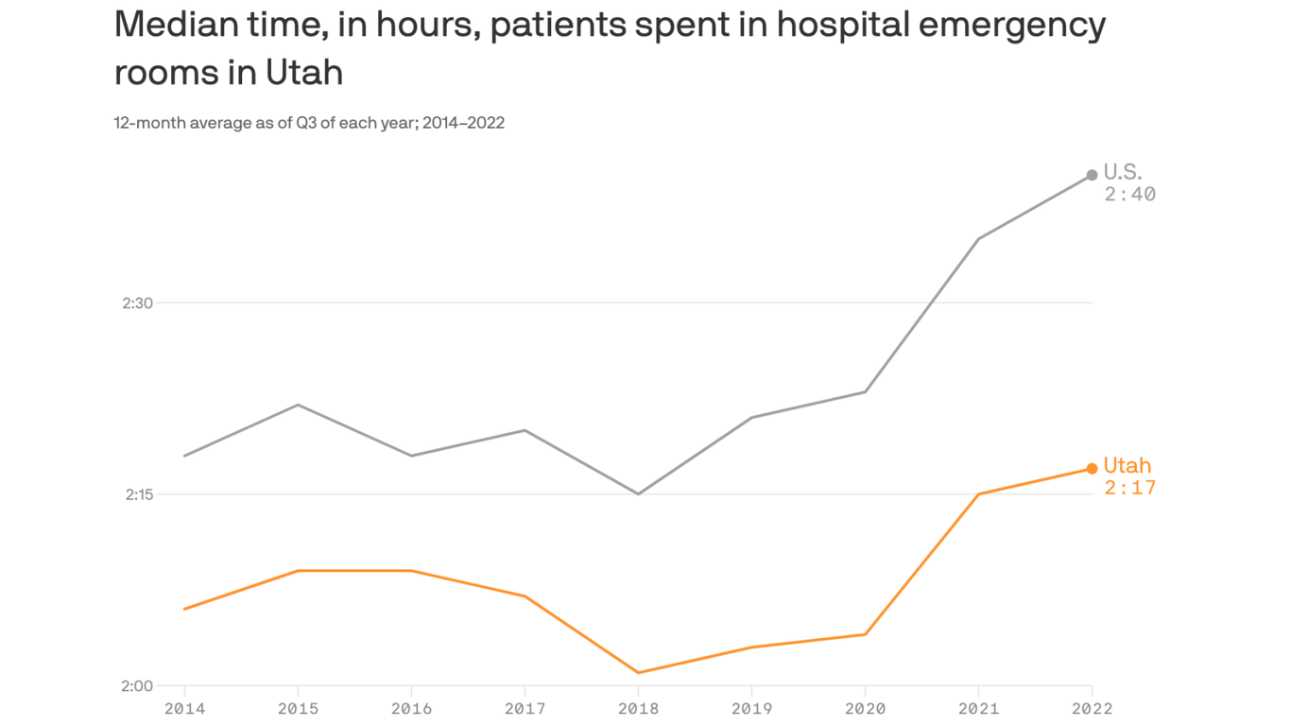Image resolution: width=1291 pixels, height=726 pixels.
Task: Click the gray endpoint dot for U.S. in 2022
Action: click(x=1092, y=175)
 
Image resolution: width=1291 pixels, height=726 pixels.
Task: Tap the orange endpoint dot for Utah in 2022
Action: click(x=1092, y=469)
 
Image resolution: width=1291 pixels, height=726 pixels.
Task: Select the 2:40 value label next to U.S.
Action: click(x=1129, y=195)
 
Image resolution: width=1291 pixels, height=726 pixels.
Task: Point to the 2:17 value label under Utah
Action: click(x=1129, y=489)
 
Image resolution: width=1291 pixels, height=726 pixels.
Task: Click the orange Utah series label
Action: click(x=1127, y=465)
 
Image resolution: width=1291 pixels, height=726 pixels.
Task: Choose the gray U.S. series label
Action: click(x=1123, y=172)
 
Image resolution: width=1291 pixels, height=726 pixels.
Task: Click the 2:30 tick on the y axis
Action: click(x=137, y=303)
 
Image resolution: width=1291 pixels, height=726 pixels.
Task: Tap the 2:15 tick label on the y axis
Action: click(x=137, y=494)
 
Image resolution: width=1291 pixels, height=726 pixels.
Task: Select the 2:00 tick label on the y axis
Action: click(x=137, y=686)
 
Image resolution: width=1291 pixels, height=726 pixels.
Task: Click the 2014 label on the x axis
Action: click(x=183, y=708)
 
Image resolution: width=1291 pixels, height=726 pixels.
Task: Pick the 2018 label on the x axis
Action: click(x=638, y=708)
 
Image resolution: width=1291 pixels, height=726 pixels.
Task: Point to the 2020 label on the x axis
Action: click(x=865, y=708)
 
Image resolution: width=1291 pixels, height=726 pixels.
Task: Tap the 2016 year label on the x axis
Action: click(x=411, y=708)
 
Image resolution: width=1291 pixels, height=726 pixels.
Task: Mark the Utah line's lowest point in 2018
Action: click(x=638, y=673)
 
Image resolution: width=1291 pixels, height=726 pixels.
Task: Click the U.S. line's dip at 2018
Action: click(x=638, y=493)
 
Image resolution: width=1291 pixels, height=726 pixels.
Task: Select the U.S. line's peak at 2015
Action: click(x=298, y=405)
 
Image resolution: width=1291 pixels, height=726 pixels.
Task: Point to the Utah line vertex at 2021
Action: click(x=978, y=493)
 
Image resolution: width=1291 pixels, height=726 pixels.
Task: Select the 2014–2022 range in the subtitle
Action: click(x=463, y=123)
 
